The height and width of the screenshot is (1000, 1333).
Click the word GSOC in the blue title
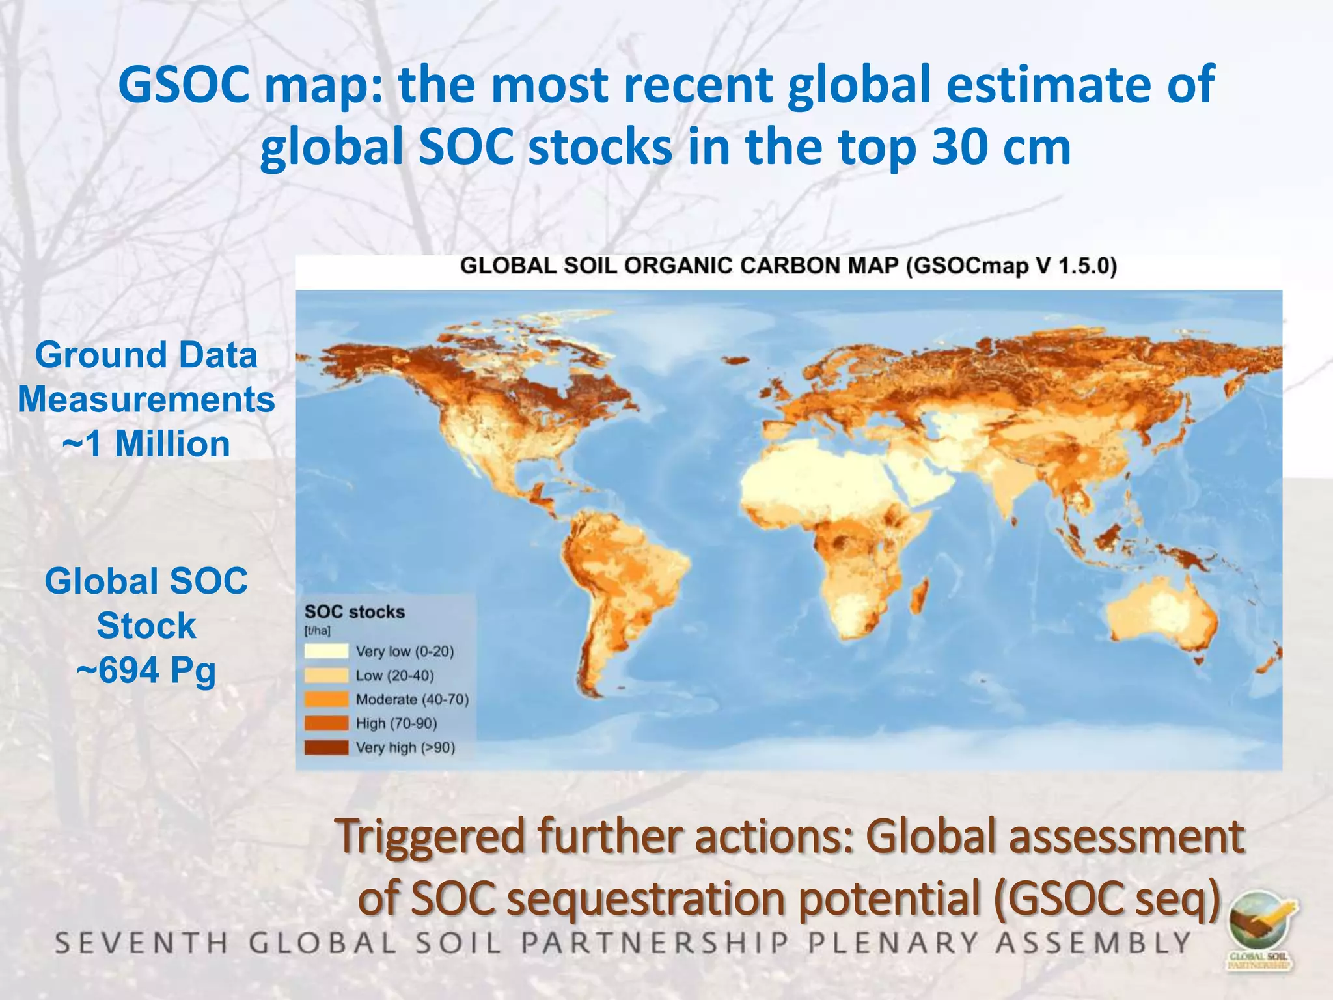coord(184,85)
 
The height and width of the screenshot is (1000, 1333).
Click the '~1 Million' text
coord(146,444)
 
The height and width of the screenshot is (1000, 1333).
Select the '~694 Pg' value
coord(146,670)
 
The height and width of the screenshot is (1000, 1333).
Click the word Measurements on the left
coord(146,399)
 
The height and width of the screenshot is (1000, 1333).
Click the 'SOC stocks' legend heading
coord(354,612)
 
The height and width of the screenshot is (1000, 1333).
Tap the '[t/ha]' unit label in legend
coord(317,631)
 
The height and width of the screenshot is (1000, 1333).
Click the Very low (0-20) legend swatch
coord(326,651)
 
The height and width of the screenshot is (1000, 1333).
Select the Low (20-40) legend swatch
coord(326,675)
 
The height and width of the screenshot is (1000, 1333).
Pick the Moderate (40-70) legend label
coord(412,699)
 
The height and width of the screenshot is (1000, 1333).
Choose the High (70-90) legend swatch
coord(326,723)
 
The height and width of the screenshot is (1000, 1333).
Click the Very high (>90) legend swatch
coord(326,747)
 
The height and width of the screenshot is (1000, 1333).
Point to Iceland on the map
coord(735,360)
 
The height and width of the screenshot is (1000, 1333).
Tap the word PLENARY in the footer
coord(893,943)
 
